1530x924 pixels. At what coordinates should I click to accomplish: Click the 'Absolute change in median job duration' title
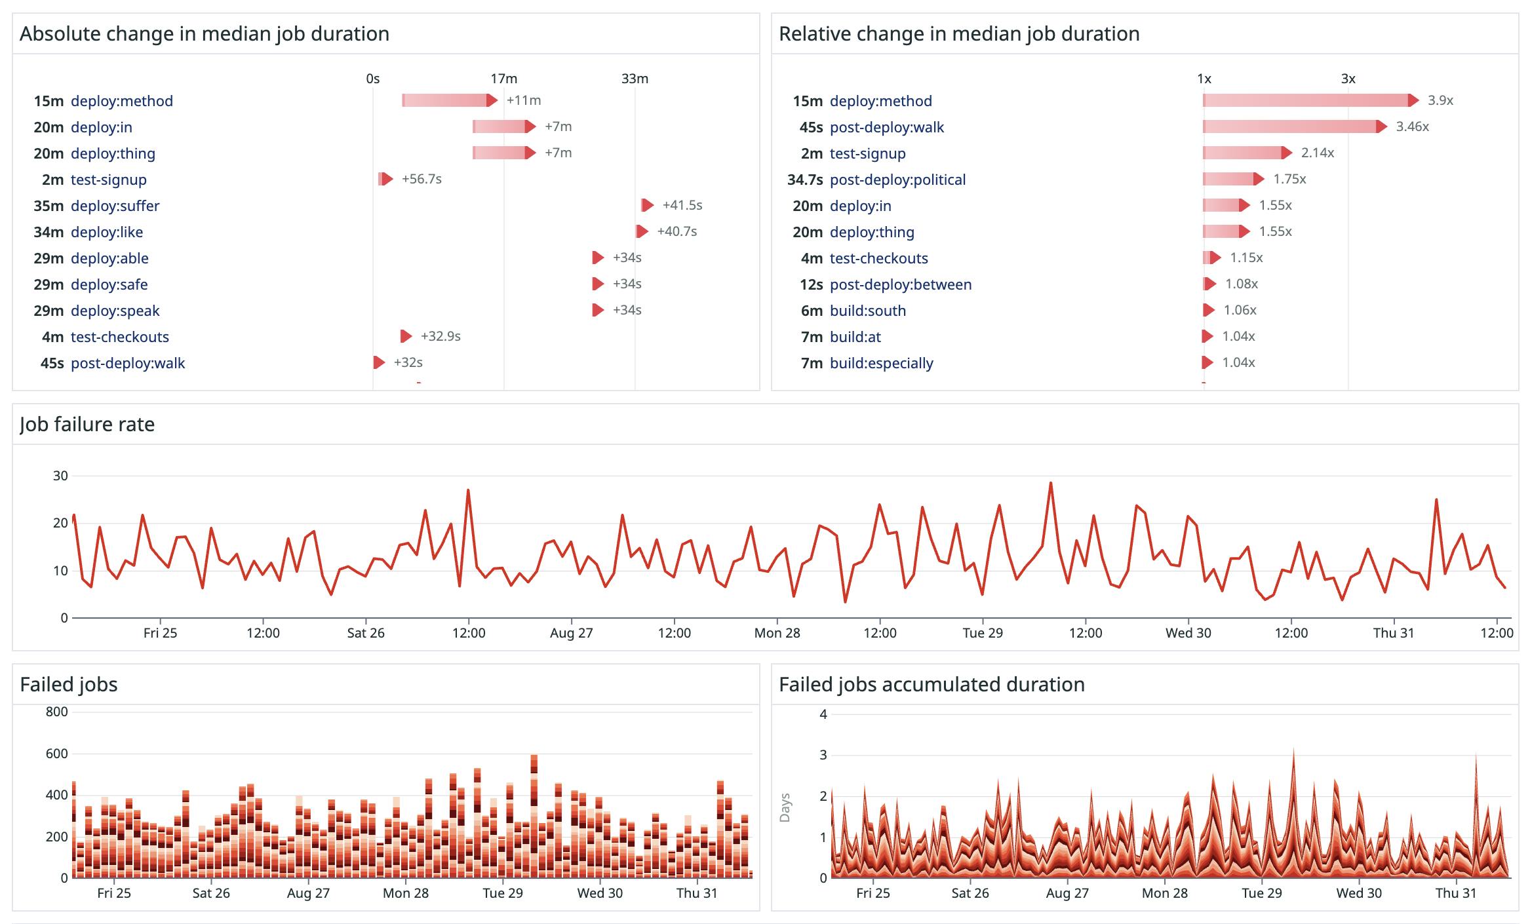tap(204, 33)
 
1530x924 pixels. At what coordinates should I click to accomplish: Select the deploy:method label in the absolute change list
tap(122, 101)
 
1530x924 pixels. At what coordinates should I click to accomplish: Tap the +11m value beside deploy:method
tap(524, 100)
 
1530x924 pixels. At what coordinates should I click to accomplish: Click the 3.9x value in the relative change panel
tap(1440, 100)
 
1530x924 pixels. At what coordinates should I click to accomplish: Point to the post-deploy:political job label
tap(897, 180)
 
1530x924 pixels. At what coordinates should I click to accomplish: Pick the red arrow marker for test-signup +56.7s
tap(386, 179)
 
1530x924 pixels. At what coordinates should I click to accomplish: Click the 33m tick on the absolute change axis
tap(635, 79)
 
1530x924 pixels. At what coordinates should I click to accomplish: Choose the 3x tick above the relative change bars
tap(1348, 79)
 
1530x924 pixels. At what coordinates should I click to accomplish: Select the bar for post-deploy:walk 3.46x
tap(1291, 126)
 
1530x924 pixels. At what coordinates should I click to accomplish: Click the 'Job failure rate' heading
tap(87, 424)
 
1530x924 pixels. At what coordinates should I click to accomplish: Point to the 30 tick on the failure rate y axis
tap(60, 476)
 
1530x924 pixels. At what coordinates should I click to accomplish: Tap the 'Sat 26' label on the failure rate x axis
tap(366, 633)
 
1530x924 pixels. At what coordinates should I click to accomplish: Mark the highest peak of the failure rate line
tap(1051, 484)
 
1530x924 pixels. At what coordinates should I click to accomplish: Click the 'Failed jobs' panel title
tap(69, 684)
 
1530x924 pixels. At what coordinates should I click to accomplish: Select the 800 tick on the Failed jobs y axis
tap(57, 712)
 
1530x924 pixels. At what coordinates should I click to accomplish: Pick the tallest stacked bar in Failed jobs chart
tap(534, 816)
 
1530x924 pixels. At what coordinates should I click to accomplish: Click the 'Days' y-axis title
tap(785, 807)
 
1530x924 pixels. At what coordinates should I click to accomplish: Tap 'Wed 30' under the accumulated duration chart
tap(1359, 893)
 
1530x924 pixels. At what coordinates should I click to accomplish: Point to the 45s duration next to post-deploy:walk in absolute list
tap(52, 363)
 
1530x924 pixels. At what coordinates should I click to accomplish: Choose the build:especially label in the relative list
tap(881, 363)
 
